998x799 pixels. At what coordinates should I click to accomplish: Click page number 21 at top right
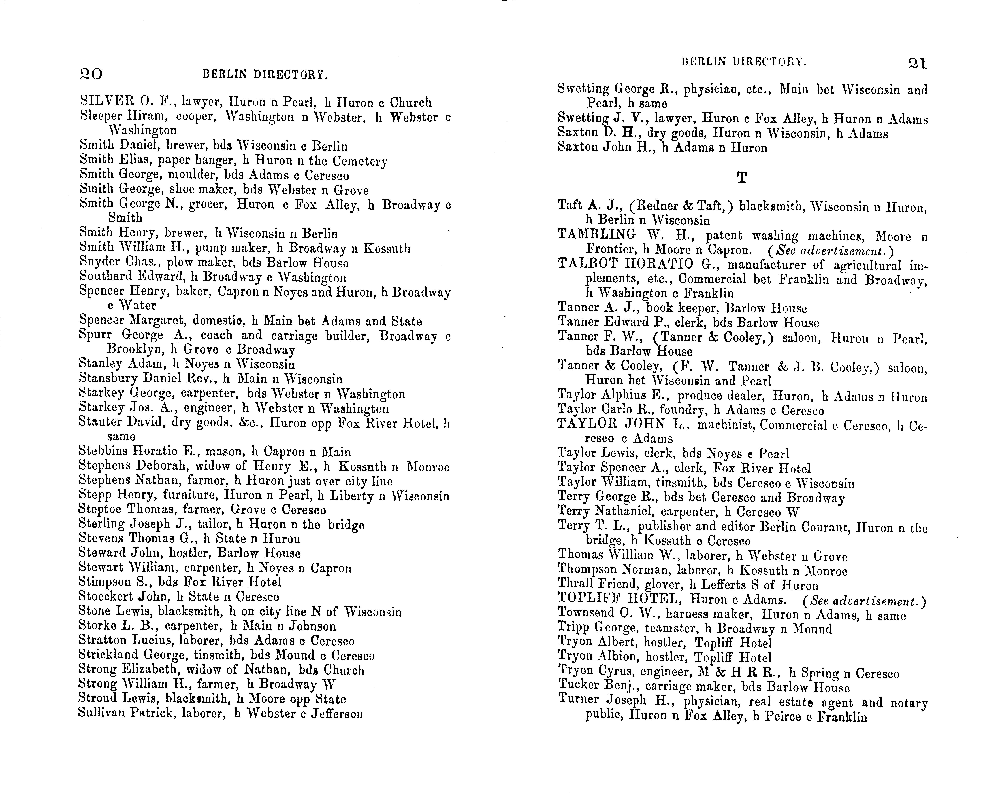[917, 63]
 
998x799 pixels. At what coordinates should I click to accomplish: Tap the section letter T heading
[742, 177]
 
